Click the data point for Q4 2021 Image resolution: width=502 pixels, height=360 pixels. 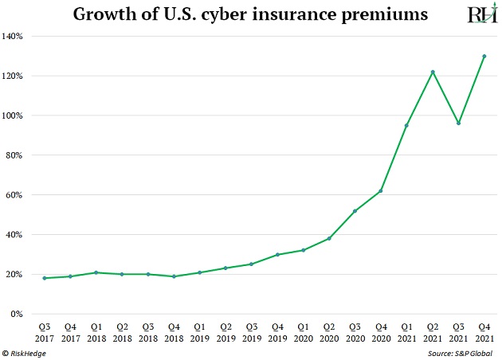pyautogui.click(x=484, y=57)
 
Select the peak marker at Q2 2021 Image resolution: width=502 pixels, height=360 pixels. pyautogui.click(x=433, y=72)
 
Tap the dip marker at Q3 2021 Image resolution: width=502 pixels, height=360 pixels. pyautogui.click(x=458, y=123)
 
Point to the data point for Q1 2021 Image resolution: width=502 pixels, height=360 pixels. pyautogui.click(x=406, y=126)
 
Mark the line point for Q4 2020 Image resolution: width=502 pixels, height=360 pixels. pyautogui.click(x=381, y=191)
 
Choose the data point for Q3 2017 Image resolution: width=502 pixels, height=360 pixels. pyautogui.click(x=44, y=278)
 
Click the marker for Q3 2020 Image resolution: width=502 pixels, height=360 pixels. pyautogui.click(x=355, y=211)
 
